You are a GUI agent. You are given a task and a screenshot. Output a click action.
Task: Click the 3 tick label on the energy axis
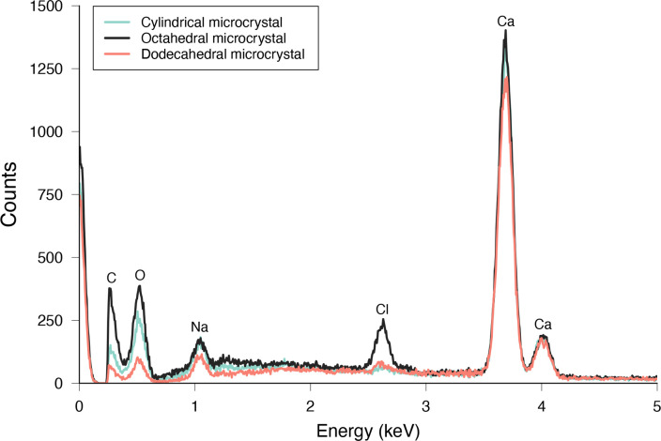(425, 404)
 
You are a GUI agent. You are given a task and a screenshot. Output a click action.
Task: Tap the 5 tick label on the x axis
(656, 404)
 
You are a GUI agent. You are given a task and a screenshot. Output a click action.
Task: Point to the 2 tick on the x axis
(310, 404)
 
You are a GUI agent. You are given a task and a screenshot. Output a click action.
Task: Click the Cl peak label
(383, 308)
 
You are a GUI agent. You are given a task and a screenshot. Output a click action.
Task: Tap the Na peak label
(199, 327)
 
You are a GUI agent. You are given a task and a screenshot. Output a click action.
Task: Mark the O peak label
(140, 275)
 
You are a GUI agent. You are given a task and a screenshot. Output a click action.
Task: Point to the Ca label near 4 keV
(543, 325)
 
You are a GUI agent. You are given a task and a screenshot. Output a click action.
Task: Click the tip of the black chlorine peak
(384, 320)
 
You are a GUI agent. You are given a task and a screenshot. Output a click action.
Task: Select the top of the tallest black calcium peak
(506, 31)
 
